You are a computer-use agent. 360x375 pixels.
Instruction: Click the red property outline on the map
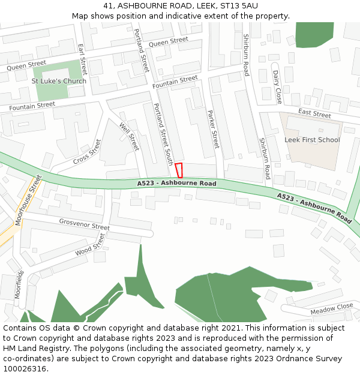coord(179,170)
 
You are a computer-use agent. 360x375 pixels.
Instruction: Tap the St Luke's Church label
coord(59,81)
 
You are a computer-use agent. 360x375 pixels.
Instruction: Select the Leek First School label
coord(312,140)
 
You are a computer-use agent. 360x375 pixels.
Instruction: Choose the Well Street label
coord(129,136)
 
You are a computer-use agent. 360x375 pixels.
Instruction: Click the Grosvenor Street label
coord(84,224)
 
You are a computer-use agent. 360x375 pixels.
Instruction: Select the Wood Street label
coord(90,245)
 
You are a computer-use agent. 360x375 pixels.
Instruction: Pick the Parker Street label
coord(213,129)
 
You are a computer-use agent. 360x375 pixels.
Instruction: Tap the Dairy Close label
coord(277,86)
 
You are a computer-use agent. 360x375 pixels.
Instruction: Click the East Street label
coord(314,114)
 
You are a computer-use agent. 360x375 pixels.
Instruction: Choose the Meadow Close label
coord(332,309)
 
